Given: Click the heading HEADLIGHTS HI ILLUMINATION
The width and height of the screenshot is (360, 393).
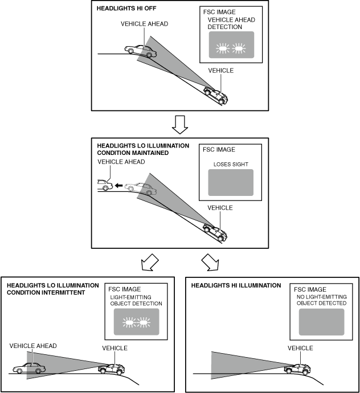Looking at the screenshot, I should click(236, 285).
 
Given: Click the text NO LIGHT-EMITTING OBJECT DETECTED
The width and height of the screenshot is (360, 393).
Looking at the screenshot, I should click(321, 300).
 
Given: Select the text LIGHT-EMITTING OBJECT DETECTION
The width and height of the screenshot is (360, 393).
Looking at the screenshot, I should click(136, 300).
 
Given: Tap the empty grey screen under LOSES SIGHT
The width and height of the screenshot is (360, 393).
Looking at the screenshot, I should click(230, 183).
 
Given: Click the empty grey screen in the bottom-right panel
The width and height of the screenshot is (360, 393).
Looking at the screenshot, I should click(321, 322).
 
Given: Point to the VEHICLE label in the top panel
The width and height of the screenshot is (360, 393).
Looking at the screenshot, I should click(220, 71).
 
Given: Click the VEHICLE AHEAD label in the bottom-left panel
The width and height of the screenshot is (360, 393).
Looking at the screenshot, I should click(32, 346).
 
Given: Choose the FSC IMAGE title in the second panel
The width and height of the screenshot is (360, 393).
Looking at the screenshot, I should click(219, 150).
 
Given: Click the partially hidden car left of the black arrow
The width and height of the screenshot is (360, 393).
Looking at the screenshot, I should click(104, 185).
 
